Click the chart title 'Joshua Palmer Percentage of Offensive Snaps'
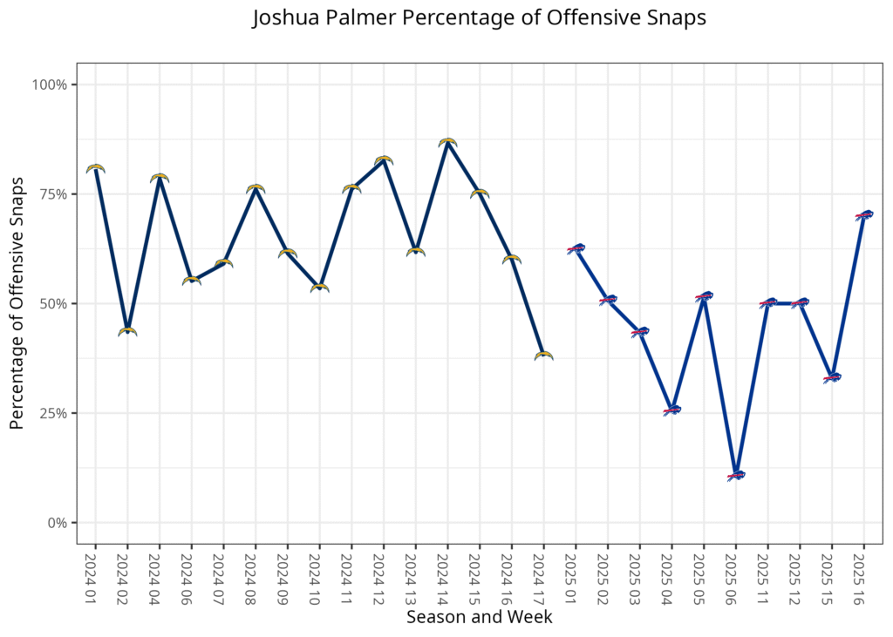coord(479,19)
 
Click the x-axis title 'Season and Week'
coord(479,617)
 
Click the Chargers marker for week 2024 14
coord(447,141)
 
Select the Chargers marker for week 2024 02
coord(127,331)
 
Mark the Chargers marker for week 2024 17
coord(543,356)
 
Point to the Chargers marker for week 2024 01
coord(95,168)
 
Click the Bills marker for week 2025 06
coord(735,476)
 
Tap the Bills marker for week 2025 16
coord(863,214)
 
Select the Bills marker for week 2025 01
coord(576,249)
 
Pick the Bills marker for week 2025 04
coord(671,410)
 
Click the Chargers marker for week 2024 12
coord(384,160)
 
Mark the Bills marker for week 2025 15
coord(832,377)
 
